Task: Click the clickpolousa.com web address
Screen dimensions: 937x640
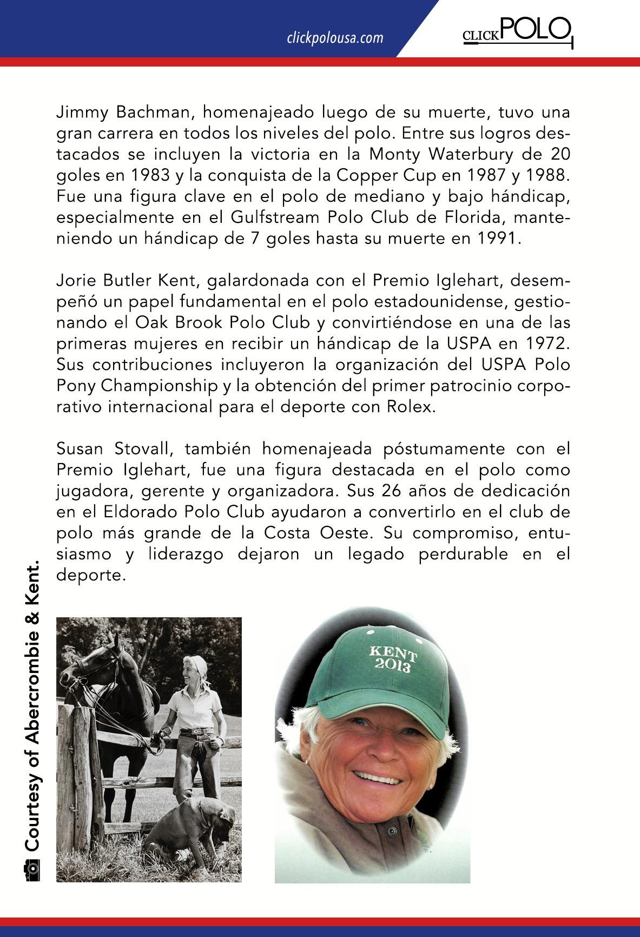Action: click(335, 38)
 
